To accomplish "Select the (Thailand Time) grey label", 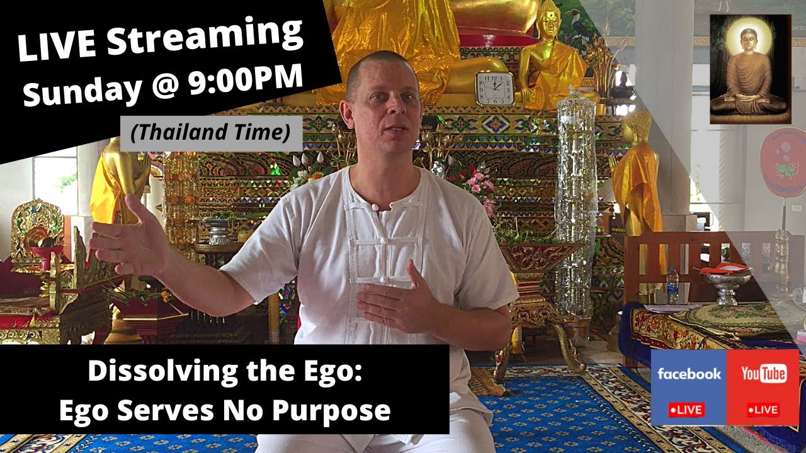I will [x=211, y=133].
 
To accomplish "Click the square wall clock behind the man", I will [x=494, y=87].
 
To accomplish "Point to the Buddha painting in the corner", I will [x=749, y=69].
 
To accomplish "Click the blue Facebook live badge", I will [x=688, y=387].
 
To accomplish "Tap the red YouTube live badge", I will [x=763, y=387].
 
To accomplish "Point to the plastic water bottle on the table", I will [x=673, y=284].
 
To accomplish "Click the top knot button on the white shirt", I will [x=375, y=206].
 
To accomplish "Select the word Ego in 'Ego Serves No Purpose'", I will [x=82, y=411].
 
